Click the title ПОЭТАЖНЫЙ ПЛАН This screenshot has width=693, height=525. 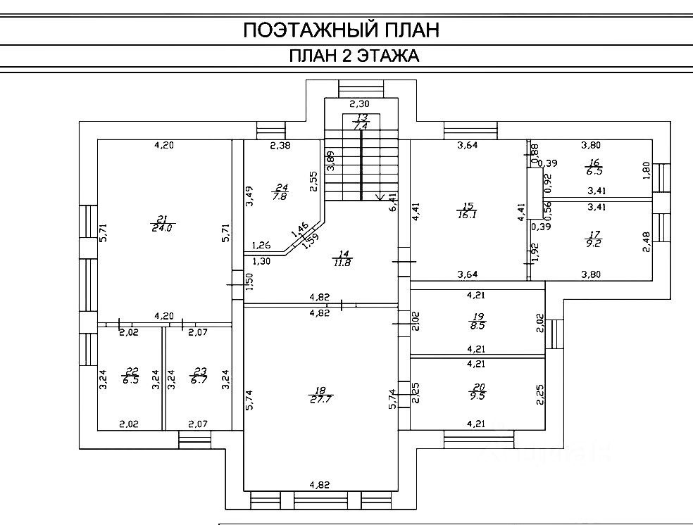pos(341,30)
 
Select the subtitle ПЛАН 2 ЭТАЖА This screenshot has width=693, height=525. pos(354,56)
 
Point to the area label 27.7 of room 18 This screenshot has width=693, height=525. pos(320,398)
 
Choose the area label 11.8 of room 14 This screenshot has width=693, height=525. pos(343,262)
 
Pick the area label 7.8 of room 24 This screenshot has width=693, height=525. pos(280,196)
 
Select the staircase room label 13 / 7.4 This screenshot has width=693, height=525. pos(361,122)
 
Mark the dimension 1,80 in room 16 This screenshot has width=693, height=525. pos(645,170)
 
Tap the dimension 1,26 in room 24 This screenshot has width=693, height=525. pos(261,246)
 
